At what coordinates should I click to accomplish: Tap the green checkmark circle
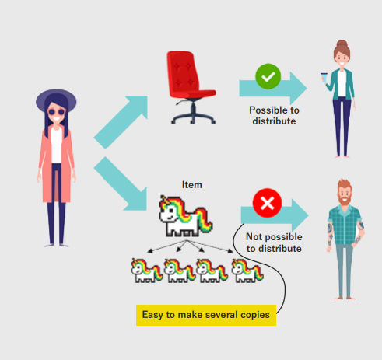coord(268,76)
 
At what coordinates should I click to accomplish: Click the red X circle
coord(267,203)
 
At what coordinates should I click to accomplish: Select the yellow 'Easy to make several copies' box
coord(206,315)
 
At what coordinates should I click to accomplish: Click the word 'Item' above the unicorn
coord(192,185)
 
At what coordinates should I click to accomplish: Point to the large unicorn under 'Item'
coord(185,216)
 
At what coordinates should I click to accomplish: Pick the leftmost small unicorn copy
coord(146,271)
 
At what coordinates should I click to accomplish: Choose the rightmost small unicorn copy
coord(247,271)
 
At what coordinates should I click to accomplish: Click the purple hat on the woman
coord(56,99)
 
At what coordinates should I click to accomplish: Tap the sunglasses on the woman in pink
coord(56,112)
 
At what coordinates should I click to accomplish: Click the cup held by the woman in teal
coord(324,78)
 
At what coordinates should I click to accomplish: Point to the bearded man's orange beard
coord(345,199)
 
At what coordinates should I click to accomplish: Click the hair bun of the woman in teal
coord(342,44)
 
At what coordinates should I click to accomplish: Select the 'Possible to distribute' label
coord(274,116)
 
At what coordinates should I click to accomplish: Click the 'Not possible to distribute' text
coord(274,243)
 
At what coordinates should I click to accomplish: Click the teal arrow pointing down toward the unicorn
coord(121,183)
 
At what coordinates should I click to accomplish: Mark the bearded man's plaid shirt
coord(345,225)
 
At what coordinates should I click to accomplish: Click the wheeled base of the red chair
coord(193,114)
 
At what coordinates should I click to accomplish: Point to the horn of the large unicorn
coord(164,199)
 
